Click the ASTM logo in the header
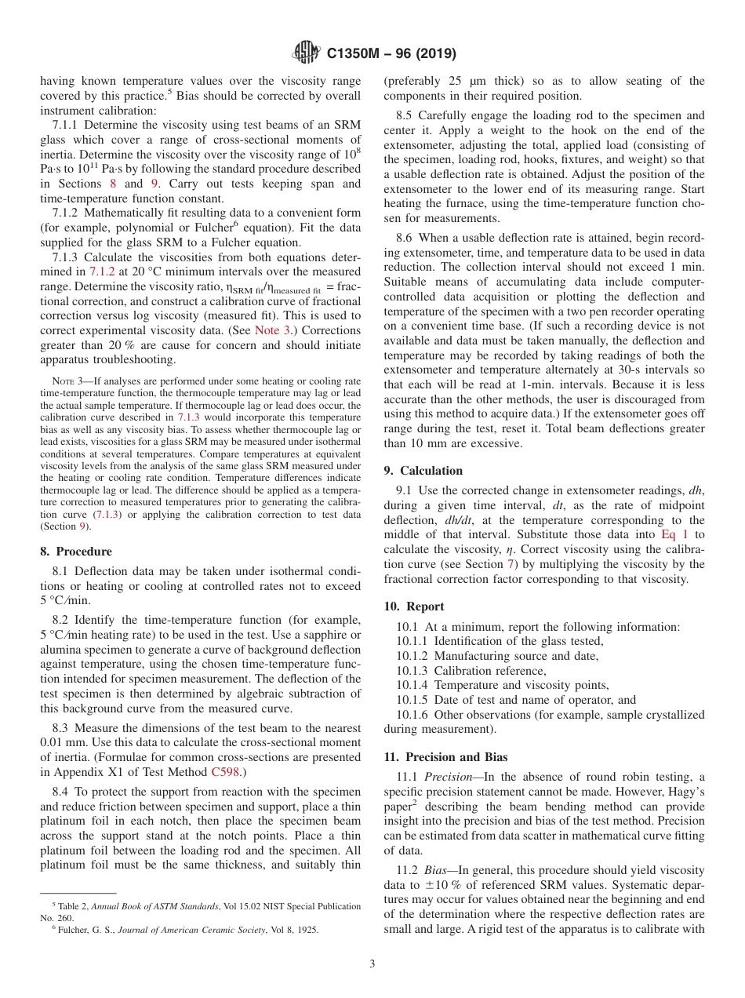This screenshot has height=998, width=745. pyautogui.click(x=306, y=53)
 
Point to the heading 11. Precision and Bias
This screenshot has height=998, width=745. pyautogui.click(x=445, y=757)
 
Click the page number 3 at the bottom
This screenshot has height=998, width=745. pyautogui.click(x=372, y=963)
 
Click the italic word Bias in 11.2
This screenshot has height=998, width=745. pyautogui.click(x=437, y=872)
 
